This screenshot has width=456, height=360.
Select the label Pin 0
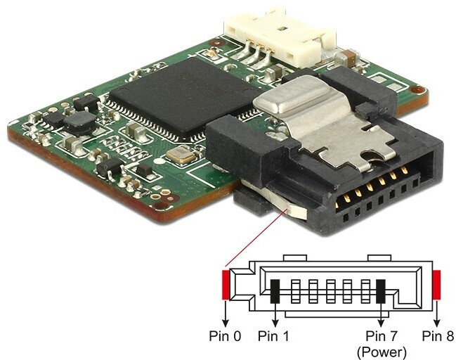pyautogui.click(x=225, y=335)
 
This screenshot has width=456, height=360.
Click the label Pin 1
pyautogui.click(x=275, y=335)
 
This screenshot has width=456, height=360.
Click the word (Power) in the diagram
pyautogui.click(x=381, y=349)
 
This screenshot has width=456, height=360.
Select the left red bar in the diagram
pyautogui.click(x=226, y=285)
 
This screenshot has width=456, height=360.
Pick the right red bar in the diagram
pyautogui.click(x=437, y=285)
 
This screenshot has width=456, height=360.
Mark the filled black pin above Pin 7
pyautogui.click(x=382, y=291)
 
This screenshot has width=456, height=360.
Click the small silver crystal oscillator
pyautogui.click(x=185, y=155)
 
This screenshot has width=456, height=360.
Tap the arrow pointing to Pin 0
pyautogui.click(x=226, y=311)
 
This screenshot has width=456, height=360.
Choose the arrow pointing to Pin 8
pyautogui.click(x=437, y=311)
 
